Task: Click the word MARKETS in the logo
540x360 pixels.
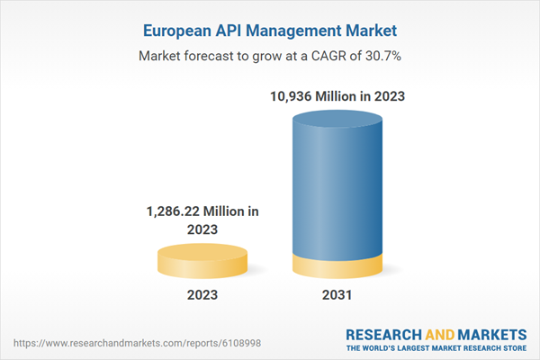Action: pyautogui.click(x=491, y=333)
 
